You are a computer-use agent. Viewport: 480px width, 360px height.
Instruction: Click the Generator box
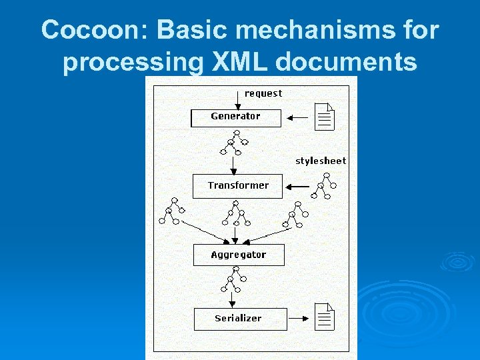point(235,117)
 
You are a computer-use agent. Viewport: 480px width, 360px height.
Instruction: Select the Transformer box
point(238,186)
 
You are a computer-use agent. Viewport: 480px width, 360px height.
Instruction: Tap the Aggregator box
point(238,255)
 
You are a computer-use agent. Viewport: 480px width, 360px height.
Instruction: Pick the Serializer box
point(240,319)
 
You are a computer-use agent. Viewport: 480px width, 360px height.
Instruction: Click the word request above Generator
point(263,94)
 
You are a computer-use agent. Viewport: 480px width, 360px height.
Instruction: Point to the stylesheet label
point(321,161)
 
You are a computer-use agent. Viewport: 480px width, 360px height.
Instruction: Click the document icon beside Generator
point(325,117)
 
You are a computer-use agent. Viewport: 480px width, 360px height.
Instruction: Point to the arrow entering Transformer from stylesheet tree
point(297,186)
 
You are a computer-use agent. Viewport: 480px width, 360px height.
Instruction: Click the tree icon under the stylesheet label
point(324,186)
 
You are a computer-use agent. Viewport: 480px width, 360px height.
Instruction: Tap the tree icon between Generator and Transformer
point(234,142)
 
